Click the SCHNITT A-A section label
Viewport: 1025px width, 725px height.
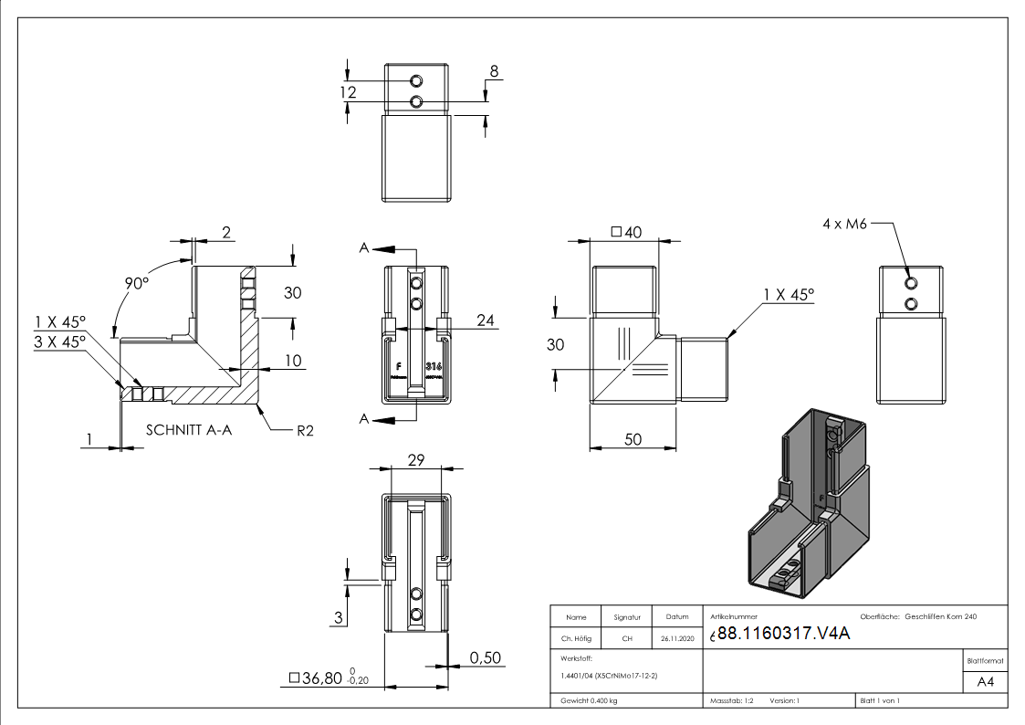point(188,429)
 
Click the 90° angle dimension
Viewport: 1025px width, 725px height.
point(137,284)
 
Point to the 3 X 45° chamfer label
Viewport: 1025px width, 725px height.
point(59,340)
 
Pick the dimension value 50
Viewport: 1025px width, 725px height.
point(632,439)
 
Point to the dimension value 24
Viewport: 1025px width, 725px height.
point(486,320)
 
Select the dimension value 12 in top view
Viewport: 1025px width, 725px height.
point(349,92)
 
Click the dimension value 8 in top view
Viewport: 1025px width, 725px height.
point(495,71)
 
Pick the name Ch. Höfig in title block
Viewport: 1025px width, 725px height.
point(577,638)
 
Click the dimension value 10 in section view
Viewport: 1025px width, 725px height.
point(292,361)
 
